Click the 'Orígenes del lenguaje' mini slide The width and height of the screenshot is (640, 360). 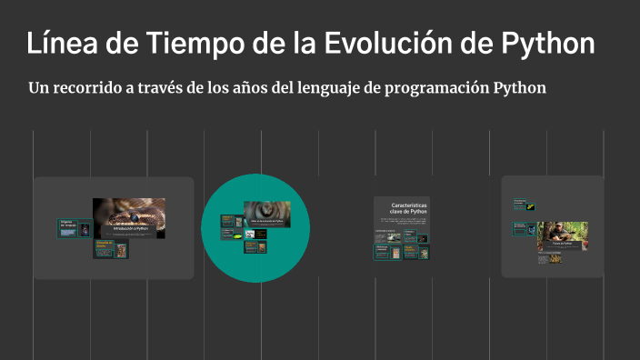pyautogui.click(x=67, y=228)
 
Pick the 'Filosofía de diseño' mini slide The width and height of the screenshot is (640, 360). pyautogui.click(x=104, y=248)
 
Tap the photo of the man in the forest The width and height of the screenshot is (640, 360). pyautogui.click(x=562, y=233)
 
